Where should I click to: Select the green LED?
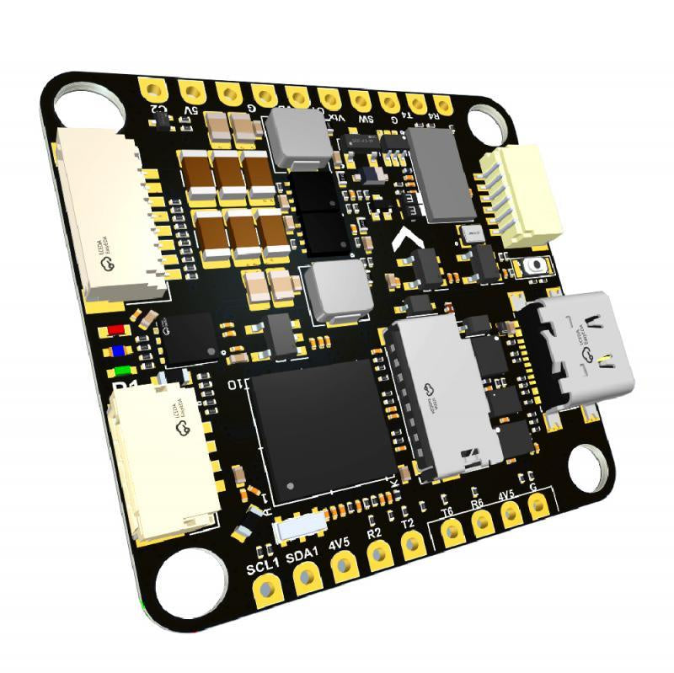click(123, 371)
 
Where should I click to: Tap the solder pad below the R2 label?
click(380, 553)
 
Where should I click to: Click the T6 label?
click(447, 510)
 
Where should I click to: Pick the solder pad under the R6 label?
click(483, 524)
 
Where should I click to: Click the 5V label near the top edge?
click(190, 109)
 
